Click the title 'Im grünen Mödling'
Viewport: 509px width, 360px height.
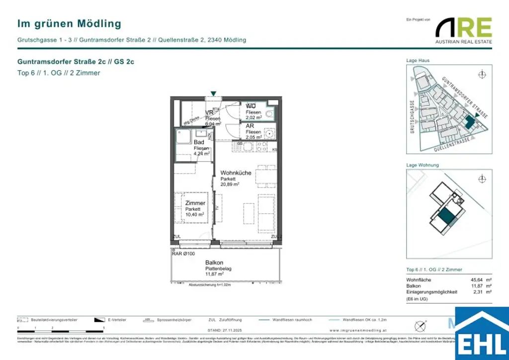[x=69, y=23]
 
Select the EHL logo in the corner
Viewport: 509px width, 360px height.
[x=482, y=334]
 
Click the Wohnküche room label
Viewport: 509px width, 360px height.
[x=236, y=173]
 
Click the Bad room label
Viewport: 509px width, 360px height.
[x=199, y=142]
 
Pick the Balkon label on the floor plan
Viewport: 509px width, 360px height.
[x=214, y=263]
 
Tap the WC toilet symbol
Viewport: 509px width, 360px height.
[x=270, y=114]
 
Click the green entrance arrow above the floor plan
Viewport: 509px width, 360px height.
[x=213, y=93]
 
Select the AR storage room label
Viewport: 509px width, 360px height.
[x=250, y=126]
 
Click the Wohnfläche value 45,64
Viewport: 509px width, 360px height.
[x=477, y=280]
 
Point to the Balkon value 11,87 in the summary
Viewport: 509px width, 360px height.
[x=477, y=286]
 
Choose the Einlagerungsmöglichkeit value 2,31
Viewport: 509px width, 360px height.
[x=478, y=292]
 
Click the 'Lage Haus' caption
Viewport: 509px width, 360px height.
[x=418, y=60]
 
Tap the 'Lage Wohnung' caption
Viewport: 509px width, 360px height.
[x=423, y=165]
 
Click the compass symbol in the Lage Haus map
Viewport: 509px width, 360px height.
[x=481, y=75]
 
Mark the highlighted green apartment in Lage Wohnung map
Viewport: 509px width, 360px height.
[x=446, y=216]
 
